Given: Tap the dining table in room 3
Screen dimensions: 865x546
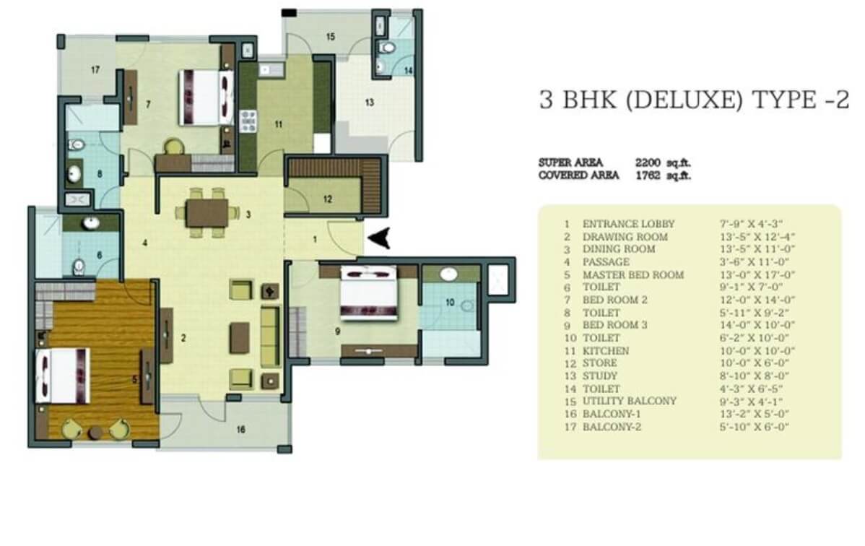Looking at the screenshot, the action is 207,212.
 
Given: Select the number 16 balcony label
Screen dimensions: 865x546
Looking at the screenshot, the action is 240,429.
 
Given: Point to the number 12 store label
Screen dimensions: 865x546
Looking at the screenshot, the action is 328,199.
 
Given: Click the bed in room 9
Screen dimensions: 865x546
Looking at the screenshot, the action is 368,293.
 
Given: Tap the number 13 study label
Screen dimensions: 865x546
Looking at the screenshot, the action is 370,102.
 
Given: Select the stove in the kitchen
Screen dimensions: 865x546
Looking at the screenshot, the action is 248,121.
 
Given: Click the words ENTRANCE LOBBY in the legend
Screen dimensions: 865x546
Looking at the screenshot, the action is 628,224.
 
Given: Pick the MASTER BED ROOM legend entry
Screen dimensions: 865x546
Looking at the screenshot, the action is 633,274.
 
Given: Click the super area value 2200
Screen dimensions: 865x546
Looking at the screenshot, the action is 648,162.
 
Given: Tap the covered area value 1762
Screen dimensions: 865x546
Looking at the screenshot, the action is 648,175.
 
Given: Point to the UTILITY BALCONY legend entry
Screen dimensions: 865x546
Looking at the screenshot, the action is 630,401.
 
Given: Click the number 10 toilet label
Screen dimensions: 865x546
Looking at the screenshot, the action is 450,302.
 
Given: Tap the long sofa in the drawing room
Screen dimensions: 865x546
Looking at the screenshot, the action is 270,337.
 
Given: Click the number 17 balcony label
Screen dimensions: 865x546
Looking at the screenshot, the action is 95,69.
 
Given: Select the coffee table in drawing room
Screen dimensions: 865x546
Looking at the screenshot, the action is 240,338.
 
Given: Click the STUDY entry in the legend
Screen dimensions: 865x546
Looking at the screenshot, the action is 600,376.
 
